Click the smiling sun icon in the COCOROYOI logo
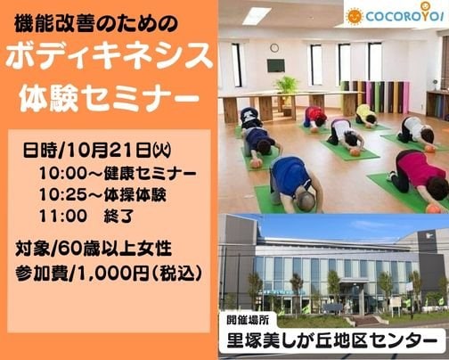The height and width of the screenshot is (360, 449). pos(355,15)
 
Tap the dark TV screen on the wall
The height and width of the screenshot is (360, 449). pos(275,65)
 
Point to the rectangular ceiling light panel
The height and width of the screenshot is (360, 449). pos(257,15)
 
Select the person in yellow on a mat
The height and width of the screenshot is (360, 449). pos(366,115)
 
